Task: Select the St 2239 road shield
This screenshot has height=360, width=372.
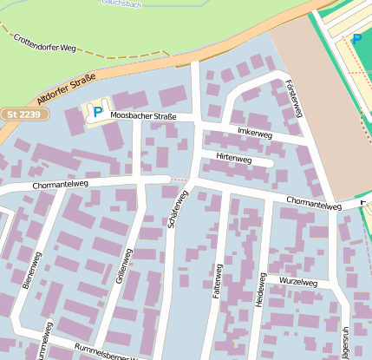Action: (x=22, y=114)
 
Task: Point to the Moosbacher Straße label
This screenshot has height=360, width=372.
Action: (x=144, y=115)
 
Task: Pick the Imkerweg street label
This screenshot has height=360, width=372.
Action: (x=254, y=134)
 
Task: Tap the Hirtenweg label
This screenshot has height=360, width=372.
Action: (x=233, y=160)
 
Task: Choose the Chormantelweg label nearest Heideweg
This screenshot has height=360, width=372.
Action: (x=313, y=206)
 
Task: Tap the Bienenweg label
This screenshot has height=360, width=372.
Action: (x=31, y=271)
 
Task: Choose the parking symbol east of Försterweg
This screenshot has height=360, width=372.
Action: (x=357, y=39)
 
